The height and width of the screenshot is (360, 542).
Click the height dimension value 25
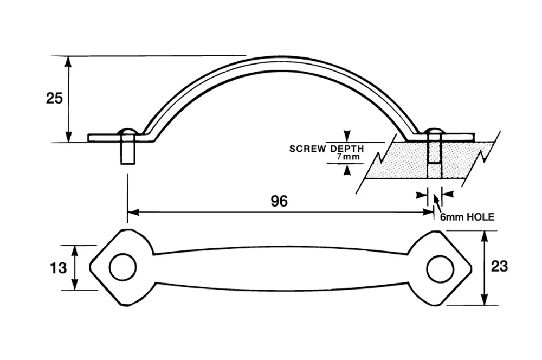(54, 99)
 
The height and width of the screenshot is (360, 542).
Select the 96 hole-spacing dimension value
(279, 201)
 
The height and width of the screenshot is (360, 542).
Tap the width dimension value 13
(58, 268)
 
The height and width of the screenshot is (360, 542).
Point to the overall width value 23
(500, 266)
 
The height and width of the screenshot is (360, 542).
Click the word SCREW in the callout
(307, 149)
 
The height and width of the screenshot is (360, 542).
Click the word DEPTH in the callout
(347, 149)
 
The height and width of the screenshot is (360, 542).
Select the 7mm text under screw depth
(349, 157)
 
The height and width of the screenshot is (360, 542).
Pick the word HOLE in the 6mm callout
(481, 217)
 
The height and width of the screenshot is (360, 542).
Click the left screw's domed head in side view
(127, 132)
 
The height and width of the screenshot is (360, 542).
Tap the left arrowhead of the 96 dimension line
(133, 213)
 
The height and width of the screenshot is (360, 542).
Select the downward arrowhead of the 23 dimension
(485, 299)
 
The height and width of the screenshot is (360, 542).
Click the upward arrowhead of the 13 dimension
(75, 250)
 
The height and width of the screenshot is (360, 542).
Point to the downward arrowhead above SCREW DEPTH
(347, 136)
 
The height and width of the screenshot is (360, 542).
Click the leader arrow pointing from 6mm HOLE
(437, 204)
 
